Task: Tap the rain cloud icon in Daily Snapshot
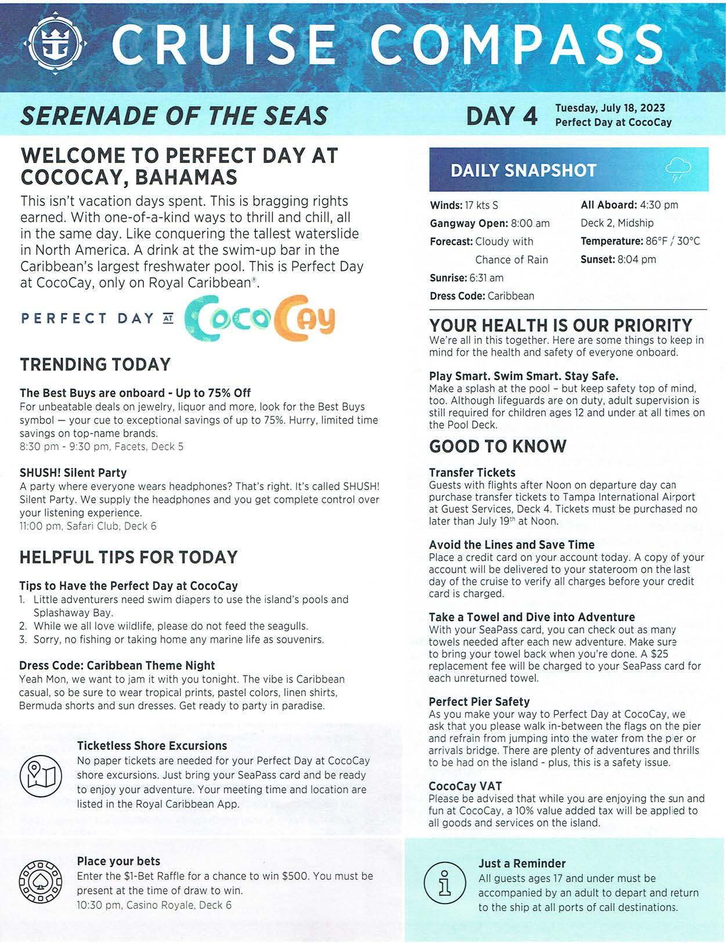tap(678, 169)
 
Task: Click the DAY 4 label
tap(501, 115)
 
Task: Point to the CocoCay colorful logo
tap(260, 318)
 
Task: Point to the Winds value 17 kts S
tap(481, 205)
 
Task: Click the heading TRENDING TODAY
tap(95, 364)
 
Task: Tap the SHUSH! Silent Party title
tap(73, 473)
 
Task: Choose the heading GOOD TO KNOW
tap(497, 446)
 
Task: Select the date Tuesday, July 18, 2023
tap(610, 108)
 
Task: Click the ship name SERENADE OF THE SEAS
tap(174, 116)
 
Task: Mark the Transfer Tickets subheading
tap(472, 473)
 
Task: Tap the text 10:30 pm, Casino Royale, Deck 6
tap(154, 905)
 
